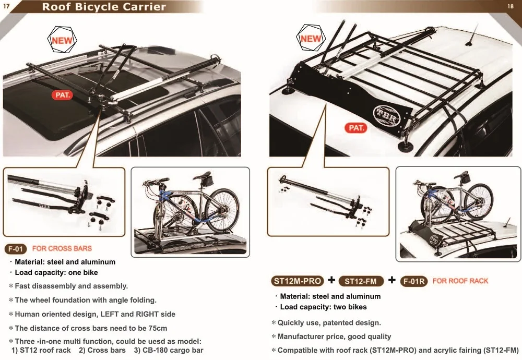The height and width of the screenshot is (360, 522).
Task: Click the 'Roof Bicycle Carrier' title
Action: [103, 7]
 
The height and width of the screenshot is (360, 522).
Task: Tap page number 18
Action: [511, 6]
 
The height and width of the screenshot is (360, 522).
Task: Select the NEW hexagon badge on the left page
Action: [62, 40]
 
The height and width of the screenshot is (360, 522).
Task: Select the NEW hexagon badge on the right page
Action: [311, 39]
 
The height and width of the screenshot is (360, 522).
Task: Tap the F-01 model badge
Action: [15, 249]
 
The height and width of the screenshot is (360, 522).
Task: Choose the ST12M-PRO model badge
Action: [298, 281]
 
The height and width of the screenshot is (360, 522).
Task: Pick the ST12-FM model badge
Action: [361, 281]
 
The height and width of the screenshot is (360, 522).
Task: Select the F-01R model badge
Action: [414, 281]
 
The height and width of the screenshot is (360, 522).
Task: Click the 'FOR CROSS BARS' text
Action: [62, 248]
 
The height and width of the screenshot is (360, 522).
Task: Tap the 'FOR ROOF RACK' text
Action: [460, 281]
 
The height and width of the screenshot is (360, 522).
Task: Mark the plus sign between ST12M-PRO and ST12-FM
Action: [331, 281]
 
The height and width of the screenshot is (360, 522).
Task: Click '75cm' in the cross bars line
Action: [157, 328]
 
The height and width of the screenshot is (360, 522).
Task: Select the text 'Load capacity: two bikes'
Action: [323, 307]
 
